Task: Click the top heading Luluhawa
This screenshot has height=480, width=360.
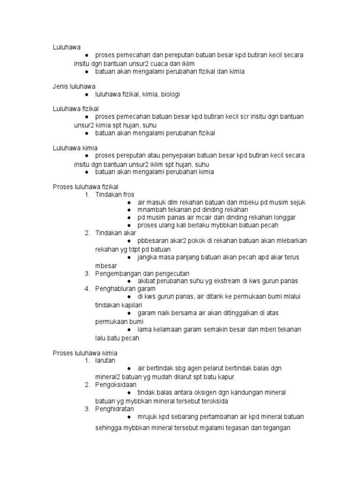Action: [x=67, y=47]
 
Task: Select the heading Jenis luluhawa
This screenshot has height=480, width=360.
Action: [x=75, y=86]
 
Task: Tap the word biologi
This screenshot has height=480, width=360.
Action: [x=170, y=94]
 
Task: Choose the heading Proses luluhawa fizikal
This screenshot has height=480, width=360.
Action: [x=85, y=187]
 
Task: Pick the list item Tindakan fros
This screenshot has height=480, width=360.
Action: [x=114, y=195]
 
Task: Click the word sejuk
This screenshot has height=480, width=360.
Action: [x=297, y=202]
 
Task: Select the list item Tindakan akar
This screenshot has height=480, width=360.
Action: [x=115, y=233]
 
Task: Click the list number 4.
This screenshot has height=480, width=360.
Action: [x=87, y=289]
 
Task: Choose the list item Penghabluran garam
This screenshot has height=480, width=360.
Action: [x=125, y=289]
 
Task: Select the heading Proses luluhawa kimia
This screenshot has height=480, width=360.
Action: [x=85, y=352]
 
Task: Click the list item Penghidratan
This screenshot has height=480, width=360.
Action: [x=114, y=409]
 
